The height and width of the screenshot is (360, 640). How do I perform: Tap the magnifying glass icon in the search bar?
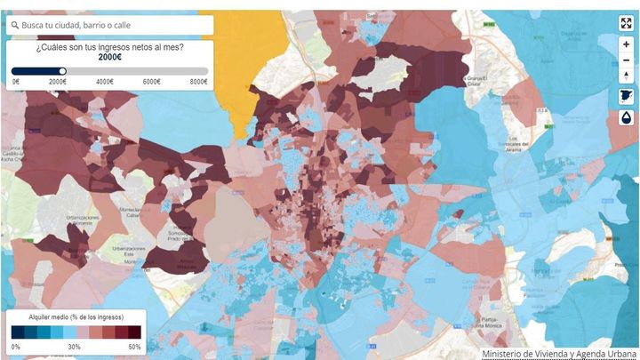(x=15, y=25)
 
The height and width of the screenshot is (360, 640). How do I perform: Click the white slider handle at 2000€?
(x=62, y=71)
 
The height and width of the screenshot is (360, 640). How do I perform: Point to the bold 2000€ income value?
(x=111, y=57)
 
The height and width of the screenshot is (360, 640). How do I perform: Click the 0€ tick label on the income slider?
(x=16, y=82)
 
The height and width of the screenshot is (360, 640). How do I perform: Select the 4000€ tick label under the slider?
(x=103, y=82)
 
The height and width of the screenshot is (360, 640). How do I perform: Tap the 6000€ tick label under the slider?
(x=152, y=82)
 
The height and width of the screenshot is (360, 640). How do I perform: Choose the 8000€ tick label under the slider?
(x=198, y=82)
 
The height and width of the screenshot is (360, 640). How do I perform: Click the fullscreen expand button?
(x=626, y=23)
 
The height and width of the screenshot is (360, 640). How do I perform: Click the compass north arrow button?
(x=626, y=76)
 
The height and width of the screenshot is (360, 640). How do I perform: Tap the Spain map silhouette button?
(x=626, y=96)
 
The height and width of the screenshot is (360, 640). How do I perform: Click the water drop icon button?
(x=626, y=117)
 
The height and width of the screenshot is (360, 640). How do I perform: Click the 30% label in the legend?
(x=75, y=347)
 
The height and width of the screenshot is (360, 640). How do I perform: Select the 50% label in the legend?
(x=134, y=347)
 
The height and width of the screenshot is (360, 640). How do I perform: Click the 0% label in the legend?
(x=16, y=347)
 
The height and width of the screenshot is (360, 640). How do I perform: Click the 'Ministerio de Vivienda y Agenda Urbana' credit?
(x=560, y=353)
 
